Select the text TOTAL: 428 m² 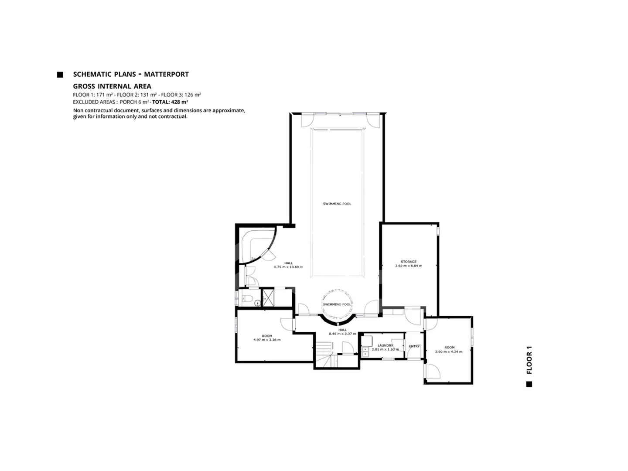click(170, 102)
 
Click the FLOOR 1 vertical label click(529, 360)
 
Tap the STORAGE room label click(409, 262)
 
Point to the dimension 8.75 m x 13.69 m click(288, 267)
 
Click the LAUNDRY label click(385, 345)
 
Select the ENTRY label click(414, 346)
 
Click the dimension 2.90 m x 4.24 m click(449, 352)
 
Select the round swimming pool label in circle click(337, 304)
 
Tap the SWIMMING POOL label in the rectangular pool click(337, 204)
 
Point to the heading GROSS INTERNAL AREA click(112, 86)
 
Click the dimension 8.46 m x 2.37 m click(342, 334)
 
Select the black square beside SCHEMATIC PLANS click(60, 75)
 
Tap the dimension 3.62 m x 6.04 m click(409, 266)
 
